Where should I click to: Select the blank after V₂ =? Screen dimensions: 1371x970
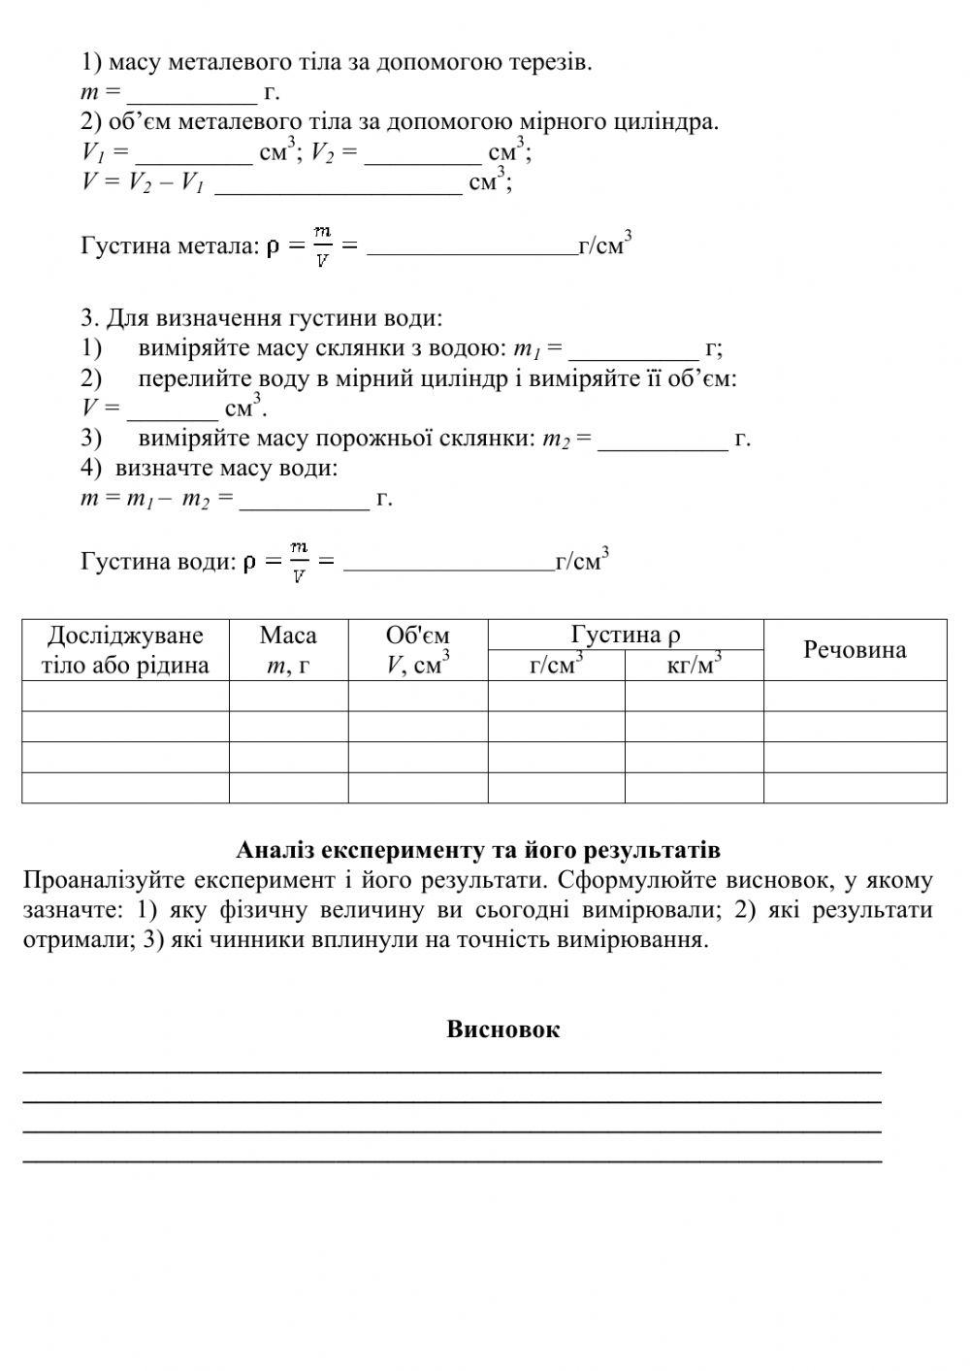[423, 154]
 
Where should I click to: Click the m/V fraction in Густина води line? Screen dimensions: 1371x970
[300, 562]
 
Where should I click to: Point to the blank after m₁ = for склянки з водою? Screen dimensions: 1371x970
[633, 350]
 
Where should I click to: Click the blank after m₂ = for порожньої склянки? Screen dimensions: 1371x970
[663, 441]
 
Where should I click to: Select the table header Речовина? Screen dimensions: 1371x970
[855, 650]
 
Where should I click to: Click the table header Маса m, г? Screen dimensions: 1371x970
[288, 650]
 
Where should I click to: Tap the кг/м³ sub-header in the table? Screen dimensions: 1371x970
[694, 666]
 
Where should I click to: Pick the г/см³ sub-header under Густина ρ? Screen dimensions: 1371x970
[556, 666]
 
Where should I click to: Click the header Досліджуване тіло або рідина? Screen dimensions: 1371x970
[125, 650]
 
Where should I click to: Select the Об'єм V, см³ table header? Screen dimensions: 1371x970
[417, 650]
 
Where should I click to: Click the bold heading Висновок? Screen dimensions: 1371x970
[502, 1029]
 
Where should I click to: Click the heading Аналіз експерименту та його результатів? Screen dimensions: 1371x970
[478, 851]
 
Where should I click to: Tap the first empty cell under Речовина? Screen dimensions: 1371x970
[855, 696]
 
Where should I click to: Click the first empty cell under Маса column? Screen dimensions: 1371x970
[288, 696]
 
